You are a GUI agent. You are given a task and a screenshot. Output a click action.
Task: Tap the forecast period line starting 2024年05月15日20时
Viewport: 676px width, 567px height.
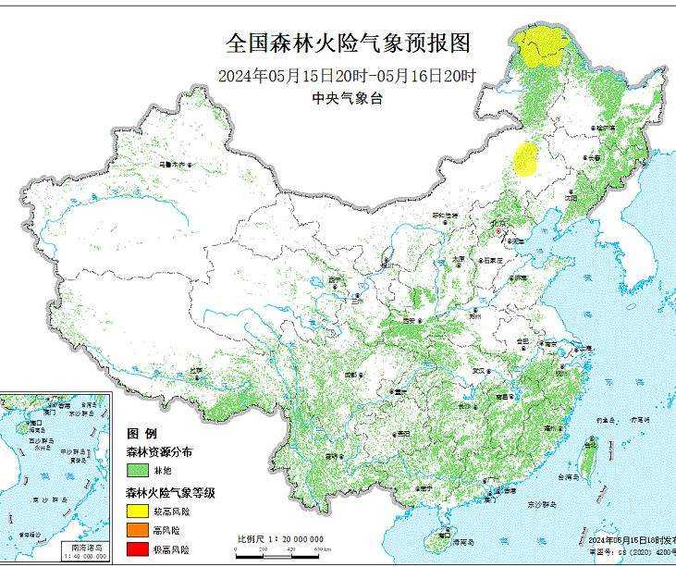click(x=348, y=76)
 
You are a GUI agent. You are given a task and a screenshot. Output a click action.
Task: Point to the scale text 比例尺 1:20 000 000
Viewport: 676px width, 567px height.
click(x=280, y=538)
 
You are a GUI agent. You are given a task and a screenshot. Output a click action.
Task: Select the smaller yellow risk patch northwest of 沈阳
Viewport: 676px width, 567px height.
click(x=527, y=159)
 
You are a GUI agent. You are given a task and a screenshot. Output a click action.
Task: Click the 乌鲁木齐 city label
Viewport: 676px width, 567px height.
click(x=173, y=165)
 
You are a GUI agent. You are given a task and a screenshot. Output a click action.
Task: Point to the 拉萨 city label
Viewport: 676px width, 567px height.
click(x=196, y=370)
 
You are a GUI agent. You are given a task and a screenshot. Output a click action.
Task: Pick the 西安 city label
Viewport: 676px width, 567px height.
click(x=411, y=320)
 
